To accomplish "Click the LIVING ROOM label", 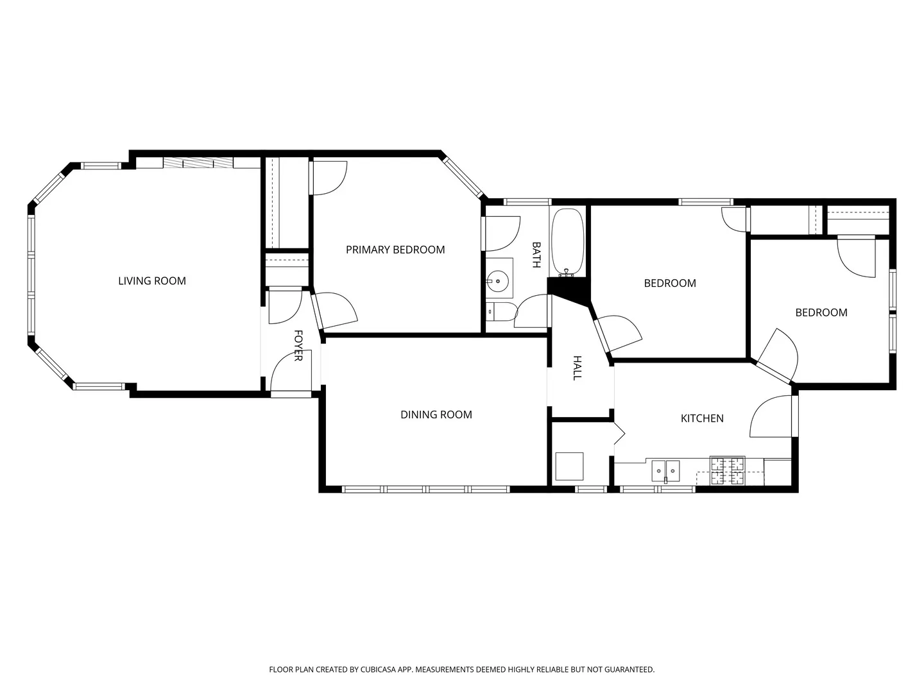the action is [152, 281].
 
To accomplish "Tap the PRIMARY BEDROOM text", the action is [395, 250].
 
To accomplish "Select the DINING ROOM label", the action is [436, 415].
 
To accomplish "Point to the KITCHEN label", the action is [702, 418].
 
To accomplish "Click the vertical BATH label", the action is [536, 255].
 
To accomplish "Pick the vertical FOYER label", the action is [298, 345].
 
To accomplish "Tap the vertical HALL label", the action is [577, 368].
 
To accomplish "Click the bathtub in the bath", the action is [568, 243].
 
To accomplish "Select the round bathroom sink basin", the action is [497, 280].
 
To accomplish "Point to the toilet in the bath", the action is [501, 312].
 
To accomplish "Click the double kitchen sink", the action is [665, 471].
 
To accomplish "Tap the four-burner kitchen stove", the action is [728, 470].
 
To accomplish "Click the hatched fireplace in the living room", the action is [198, 163].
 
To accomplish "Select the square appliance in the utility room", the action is [569, 466].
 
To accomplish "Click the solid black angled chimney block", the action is [569, 290].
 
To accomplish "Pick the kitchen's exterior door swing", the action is [771, 416].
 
